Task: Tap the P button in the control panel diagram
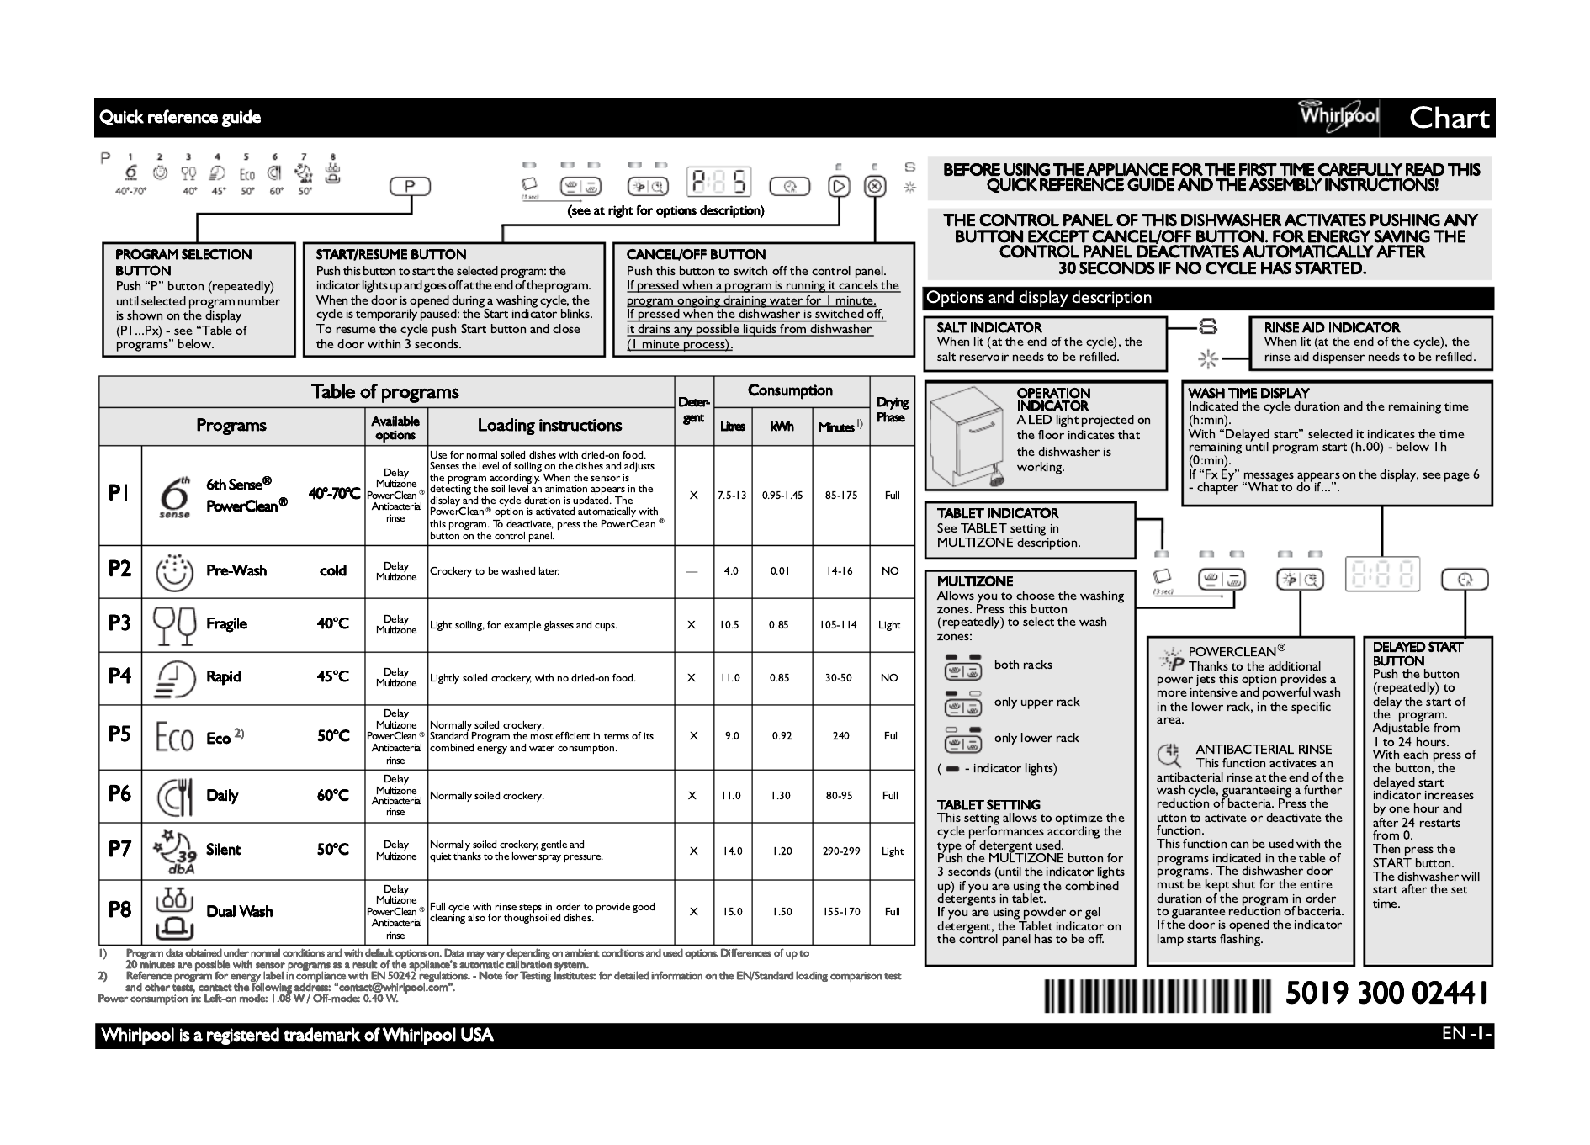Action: click(x=410, y=186)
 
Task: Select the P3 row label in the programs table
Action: click(x=119, y=623)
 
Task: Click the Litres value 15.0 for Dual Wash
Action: click(x=731, y=911)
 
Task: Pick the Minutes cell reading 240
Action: click(x=840, y=735)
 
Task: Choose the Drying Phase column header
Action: click(x=892, y=410)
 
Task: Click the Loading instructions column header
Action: click(x=549, y=426)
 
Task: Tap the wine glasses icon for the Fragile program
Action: click(x=175, y=624)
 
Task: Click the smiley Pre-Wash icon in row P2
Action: click(x=175, y=571)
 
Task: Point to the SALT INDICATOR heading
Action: click(x=988, y=327)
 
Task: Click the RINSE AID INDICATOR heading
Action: click(x=1331, y=327)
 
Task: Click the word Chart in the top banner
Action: click(x=1449, y=119)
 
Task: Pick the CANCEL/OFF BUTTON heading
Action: click(x=696, y=254)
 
